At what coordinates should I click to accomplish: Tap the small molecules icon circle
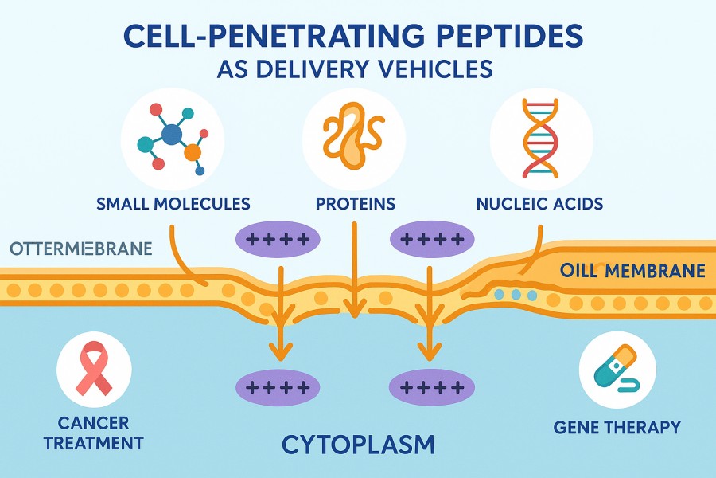coord(173,140)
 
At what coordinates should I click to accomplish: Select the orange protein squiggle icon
coord(354,140)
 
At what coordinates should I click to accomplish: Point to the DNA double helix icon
coord(541,140)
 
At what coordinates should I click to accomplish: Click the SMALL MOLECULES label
coord(173,203)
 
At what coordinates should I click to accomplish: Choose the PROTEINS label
coord(356,203)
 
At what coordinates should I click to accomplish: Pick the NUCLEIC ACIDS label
coord(539,203)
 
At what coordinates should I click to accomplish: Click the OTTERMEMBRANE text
coord(80,249)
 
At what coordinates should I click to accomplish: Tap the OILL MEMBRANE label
coord(632,270)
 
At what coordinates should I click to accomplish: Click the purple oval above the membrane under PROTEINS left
coord(278,237)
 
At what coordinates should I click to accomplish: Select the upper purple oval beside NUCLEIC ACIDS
coord(430,237)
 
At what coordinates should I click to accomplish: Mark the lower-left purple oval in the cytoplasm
coord(278,387)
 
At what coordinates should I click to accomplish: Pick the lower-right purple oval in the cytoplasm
coord(430,387)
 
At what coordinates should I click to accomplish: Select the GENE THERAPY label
coord(617,428)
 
